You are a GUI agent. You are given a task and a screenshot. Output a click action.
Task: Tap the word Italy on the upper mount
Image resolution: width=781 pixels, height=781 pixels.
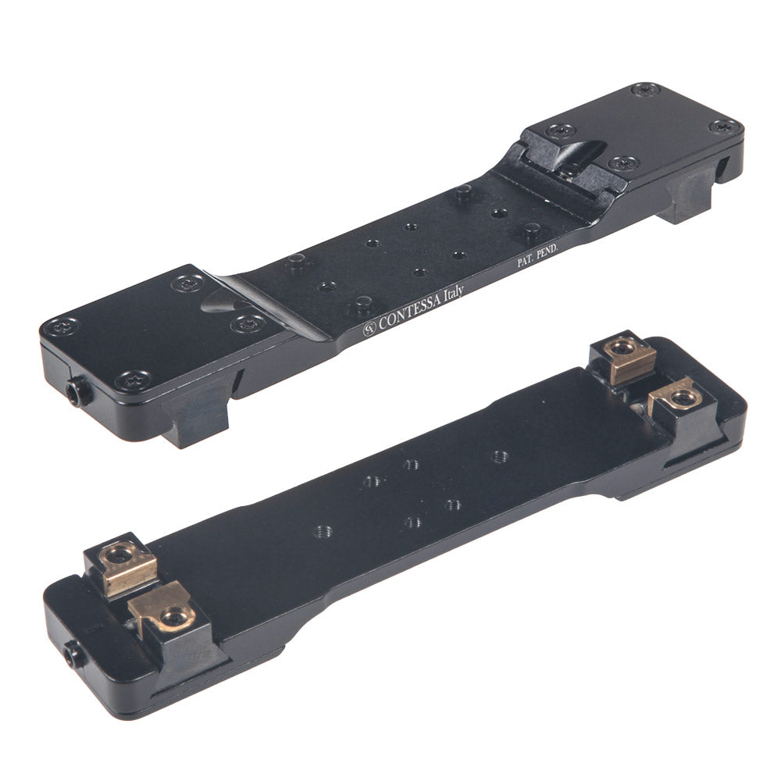tap(454, 292)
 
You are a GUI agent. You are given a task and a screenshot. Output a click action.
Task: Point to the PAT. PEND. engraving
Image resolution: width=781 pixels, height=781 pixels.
tap(537, 255)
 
